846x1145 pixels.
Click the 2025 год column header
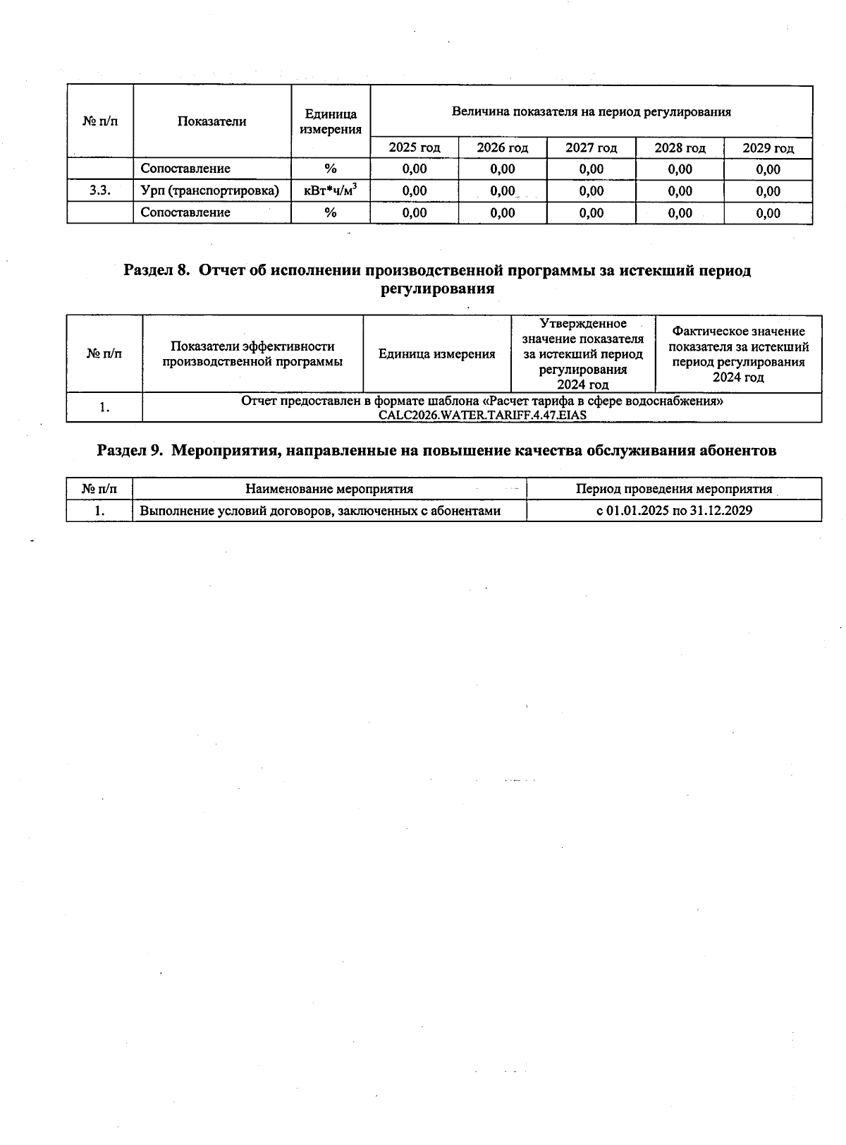[414, 147]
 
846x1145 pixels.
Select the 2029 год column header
[768, 148]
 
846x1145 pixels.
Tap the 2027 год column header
[591, 147]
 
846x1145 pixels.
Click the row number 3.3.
[100, 190]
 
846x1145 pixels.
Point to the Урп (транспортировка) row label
[210, 190]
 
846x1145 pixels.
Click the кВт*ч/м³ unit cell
[330, 190]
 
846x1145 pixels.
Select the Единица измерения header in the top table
[330, 121]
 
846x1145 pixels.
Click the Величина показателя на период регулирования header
[591, 111]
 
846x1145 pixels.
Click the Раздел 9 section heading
[436, 450]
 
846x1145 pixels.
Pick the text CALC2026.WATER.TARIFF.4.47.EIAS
[482, 415]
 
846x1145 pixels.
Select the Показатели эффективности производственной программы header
[252, 353]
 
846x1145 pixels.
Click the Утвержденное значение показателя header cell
[582, 353]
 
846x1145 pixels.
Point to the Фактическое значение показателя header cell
[738, 353]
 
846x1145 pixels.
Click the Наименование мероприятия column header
[329, 489]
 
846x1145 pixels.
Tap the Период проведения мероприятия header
[673, 489]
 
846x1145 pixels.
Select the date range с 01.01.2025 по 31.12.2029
[673, 511]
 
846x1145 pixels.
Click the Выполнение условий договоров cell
[320, 511]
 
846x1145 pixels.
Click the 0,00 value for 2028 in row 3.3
[680, 191]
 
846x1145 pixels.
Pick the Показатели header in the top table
[211, 121]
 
